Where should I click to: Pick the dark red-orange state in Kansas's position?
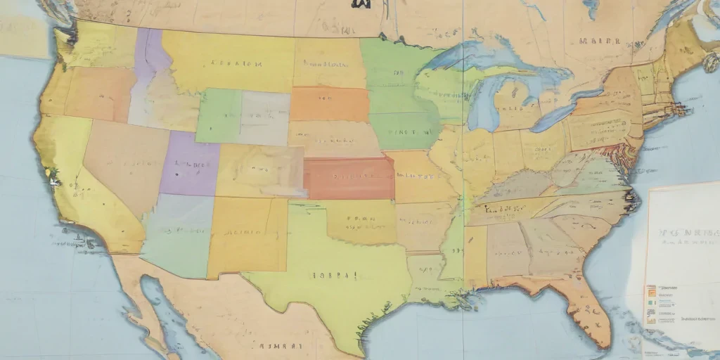(349, 179)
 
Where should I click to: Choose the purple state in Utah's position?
(188, 165)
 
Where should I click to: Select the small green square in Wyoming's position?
(219, 116)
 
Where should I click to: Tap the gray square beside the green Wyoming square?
(265, 118)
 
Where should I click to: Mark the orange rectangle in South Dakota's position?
(330, 104)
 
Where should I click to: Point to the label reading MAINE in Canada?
(599, 41)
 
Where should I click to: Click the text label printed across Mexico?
(281, 346)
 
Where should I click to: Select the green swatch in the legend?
(651, 302)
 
